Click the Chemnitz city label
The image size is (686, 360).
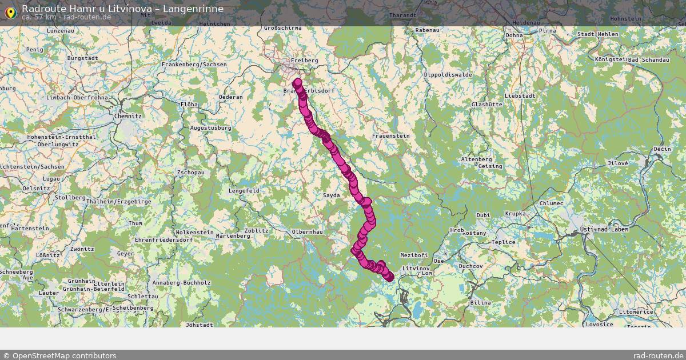[127, 116]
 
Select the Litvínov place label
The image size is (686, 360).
[416, 268]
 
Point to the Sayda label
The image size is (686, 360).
[331, 195]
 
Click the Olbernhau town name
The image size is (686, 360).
[307, 232]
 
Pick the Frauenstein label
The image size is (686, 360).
[390, 136]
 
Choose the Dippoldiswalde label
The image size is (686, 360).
[448, 75]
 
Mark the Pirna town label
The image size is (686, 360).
[547, 30]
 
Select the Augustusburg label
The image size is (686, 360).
[210, 128]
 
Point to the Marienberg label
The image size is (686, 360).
[233, 236]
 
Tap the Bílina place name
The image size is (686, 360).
[480, 302]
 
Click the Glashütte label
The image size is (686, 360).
[486, 105]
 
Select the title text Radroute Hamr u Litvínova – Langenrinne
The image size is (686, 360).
[122, 9]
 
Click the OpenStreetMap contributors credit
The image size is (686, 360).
[59, 355]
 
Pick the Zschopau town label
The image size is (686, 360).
[191, 172]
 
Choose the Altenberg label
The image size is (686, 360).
[476, 159]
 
